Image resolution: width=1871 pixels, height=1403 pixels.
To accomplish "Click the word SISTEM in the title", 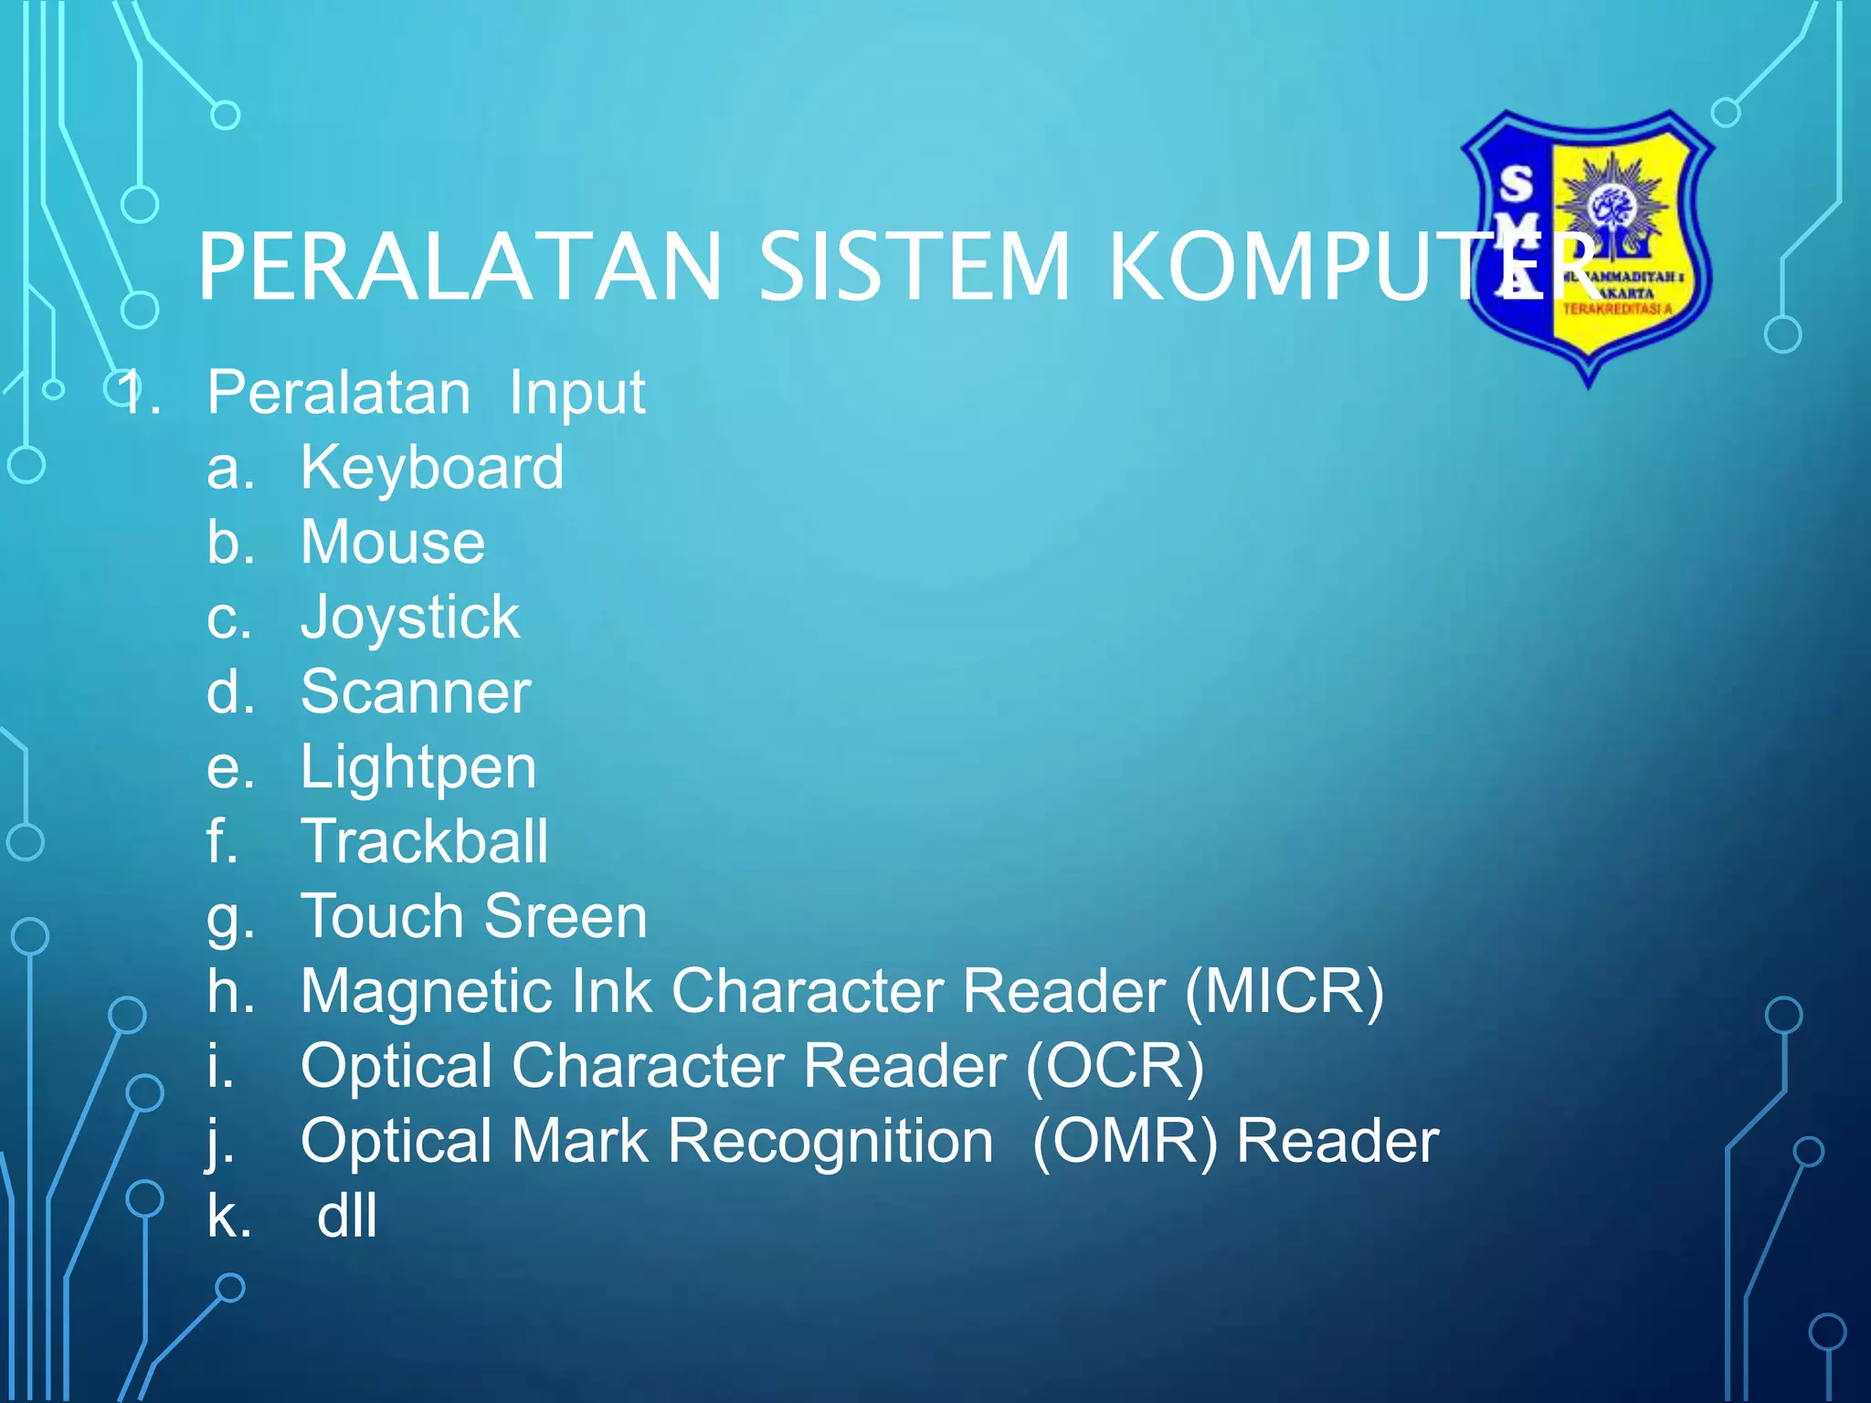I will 914,267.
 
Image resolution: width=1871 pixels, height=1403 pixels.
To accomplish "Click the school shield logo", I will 1588,247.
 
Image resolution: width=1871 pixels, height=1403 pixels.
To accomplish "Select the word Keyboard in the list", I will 431,468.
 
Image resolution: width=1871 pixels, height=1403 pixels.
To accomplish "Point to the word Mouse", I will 393,543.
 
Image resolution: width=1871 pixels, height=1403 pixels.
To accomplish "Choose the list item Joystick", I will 409,618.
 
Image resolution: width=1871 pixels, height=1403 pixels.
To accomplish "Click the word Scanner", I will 416,692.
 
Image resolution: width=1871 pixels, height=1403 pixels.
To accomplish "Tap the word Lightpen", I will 418,767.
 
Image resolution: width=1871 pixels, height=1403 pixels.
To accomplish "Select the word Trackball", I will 425,841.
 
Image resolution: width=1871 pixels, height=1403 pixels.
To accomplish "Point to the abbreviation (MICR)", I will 1284,991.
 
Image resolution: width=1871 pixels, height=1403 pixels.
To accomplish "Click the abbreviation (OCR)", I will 1115,1066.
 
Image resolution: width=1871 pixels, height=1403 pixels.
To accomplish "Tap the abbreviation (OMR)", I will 1125,1142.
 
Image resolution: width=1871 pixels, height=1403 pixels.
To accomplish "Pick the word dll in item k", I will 346,1217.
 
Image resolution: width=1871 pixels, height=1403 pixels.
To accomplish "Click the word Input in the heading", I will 576,394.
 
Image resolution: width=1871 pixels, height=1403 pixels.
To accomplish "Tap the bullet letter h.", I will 229,991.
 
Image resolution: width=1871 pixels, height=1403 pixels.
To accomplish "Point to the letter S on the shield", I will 1517,184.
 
